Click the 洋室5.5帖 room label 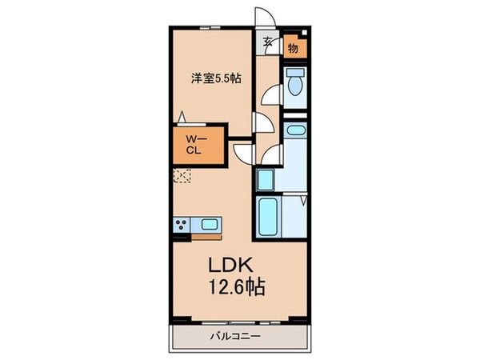[216, 78]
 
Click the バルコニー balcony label [238, 337]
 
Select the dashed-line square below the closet [182, 177]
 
